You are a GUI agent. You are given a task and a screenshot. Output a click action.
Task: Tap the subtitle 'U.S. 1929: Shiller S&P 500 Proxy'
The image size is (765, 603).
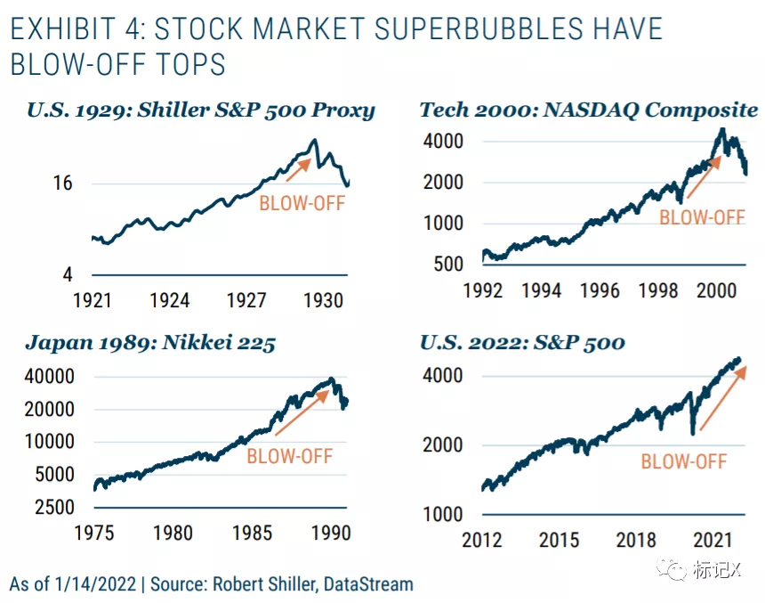(201, 110)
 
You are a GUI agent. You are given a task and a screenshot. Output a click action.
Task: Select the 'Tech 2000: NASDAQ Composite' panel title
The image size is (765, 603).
(588, 110)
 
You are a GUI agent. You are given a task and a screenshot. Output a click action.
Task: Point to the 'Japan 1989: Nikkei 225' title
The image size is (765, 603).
(149, 343)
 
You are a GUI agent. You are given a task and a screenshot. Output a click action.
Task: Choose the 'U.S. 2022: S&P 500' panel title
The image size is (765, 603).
(521, 343)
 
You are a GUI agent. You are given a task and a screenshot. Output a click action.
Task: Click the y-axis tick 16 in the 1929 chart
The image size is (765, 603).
(61, 183)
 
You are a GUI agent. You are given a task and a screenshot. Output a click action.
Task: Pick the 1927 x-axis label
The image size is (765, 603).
(246, 300)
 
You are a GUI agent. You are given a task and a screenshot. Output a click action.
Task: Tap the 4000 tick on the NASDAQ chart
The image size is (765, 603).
(443, 142)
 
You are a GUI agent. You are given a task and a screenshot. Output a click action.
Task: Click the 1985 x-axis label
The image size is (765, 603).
(252, 533)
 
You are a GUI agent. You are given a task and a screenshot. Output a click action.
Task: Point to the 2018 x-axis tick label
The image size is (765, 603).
(636, 540)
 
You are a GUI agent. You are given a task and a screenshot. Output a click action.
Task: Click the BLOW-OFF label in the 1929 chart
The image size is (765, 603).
(302, 203)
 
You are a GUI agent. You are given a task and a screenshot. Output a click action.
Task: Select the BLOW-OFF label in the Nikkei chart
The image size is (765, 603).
(289, 456)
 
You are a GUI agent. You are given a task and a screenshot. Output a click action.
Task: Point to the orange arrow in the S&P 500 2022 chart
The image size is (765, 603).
(722, 396)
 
